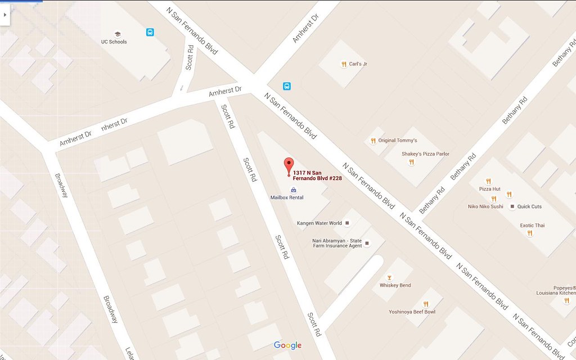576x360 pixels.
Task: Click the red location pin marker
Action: [x=289, y=165]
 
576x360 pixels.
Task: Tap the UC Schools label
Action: [x=114, y=42]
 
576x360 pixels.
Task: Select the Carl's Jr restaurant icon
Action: [x=343, y=64]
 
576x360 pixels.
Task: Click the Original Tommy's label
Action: [x=398, y=141]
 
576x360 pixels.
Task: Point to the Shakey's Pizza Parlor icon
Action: [x=411, y=162]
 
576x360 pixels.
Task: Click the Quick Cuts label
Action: [x=529, y=206]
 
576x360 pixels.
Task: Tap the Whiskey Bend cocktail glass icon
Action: [x=389, y=277]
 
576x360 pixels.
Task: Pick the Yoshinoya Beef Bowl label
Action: [x=412, y=312]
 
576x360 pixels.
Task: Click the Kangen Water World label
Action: [x=319, y=223]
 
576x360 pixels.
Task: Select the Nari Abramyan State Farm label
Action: [x=337, y=243]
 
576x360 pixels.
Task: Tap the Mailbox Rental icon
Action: [x=292, y=190]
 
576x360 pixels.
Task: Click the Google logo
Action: [x=287, y=345]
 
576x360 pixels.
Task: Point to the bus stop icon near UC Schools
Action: [x=151, y=33]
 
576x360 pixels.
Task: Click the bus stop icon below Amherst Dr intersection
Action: [x=287, y=86]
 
